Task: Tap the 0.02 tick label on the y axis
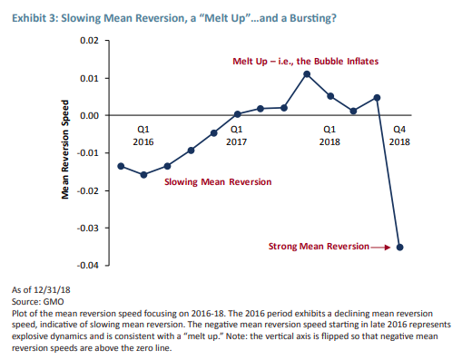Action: (x=88, y=42)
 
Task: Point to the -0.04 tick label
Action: (x=86, y=266)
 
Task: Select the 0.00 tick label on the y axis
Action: (x=88, y=116)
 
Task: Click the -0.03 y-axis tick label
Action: (x=86, y=229)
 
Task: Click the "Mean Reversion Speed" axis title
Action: (x=65, y=153)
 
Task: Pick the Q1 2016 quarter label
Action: (x=143, y=135)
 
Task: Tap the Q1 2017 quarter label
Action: (x=237, y=135)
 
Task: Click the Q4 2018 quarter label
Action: (x=398, y=135)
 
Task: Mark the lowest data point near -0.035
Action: (x=400, y=247)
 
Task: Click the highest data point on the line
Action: (x=307, y=73)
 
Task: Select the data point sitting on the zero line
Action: (x=237, y=114)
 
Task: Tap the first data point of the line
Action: (x=121, y=166)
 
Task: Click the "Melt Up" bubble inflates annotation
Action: (x=306, y=61)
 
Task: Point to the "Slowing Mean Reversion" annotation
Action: (x=218, y=182)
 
